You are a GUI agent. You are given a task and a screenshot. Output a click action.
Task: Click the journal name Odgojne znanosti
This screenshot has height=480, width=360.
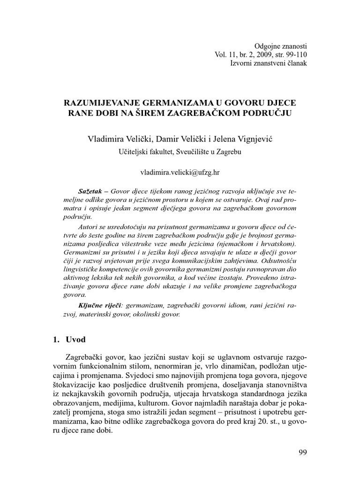pos(280,46)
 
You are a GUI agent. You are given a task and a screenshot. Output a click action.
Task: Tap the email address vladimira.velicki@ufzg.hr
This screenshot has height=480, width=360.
pos(180,172)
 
